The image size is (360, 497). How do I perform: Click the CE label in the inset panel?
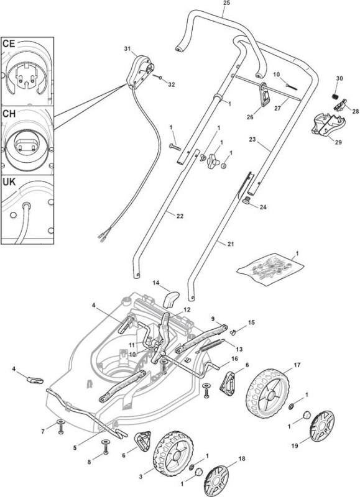(9, 43)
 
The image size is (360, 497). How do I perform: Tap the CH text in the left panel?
(9, 114)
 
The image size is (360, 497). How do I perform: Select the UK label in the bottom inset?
(9, 182)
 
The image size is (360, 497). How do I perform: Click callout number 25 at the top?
(226, 3)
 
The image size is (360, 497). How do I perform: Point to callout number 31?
(127, 48)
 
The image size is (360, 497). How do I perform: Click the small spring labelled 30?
(335, 96)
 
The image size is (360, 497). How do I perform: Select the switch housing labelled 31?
(139, 71)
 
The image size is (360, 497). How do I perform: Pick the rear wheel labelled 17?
(268, 393)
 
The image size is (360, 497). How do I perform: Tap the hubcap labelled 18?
(216, 481)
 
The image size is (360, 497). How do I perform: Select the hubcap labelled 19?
(321, 426)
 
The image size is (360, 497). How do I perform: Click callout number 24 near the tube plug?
(263, 207)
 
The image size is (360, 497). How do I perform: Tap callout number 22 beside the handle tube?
(180, 216)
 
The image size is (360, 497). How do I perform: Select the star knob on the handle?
(213, 162)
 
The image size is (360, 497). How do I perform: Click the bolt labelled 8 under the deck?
(105, 447)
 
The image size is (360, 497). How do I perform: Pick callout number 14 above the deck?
(156, 282)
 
